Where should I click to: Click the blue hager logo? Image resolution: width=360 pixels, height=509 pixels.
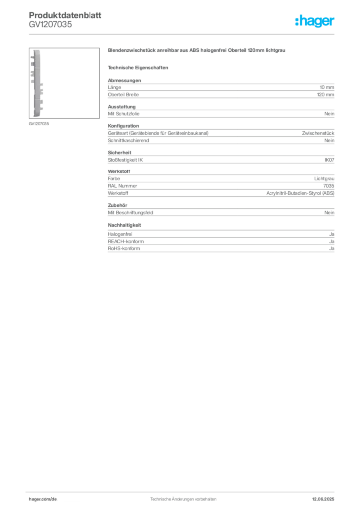[x=315, y=22]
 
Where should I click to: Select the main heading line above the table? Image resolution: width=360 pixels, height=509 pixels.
[x=196, y=52]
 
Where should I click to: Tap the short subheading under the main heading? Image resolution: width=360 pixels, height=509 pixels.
[x=140, y=67]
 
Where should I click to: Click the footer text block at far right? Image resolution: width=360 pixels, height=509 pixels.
[x=327, y=497]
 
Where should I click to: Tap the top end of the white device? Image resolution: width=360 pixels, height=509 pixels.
[x=37, y=51]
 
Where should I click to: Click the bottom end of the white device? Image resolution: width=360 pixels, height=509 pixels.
[x=37, y=116]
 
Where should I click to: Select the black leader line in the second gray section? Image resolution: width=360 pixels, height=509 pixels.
[x=232, y=114]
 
